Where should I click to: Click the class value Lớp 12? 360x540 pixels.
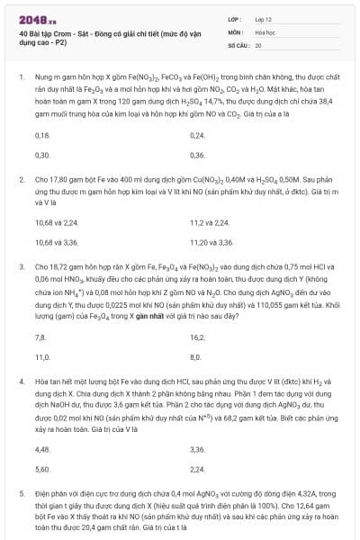263,19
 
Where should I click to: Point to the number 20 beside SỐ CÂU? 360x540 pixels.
258,44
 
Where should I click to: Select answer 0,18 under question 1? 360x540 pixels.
41,135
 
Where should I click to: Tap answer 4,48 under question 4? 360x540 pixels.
41,448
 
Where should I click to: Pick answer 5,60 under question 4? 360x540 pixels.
41,468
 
